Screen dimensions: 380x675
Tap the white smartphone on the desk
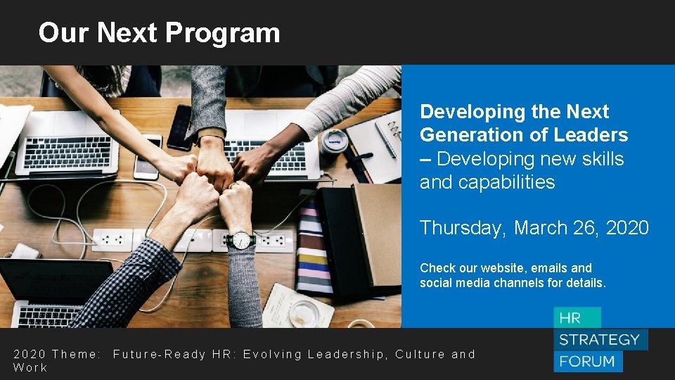tap(147, 157)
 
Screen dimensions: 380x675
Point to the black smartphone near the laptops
tap(180, 127)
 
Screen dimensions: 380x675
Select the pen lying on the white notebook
tap(385, 140)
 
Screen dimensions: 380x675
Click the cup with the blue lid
tap(335, 141)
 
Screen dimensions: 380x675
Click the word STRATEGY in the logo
tap(599, 340)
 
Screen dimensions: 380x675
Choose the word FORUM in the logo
tap(588, 362)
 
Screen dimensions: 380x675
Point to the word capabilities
tap(487, 183)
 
